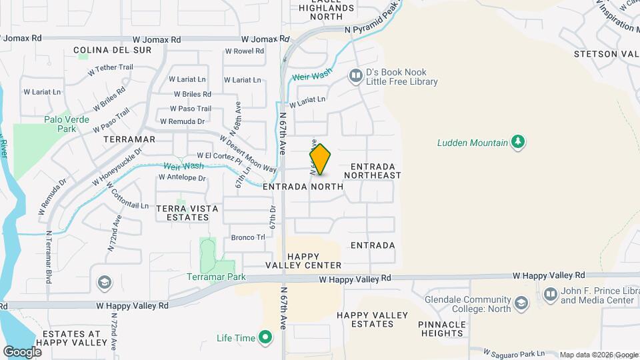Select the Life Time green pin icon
coord(266,338)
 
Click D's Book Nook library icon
coord(355,77)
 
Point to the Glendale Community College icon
coord(521,304)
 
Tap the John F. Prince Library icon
coord(550,294)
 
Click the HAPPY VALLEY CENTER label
coord(315,261)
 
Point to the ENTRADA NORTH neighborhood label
coord(303,187)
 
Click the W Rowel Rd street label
coord(244,51)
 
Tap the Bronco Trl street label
coord(244,237)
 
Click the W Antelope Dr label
coord(182,177)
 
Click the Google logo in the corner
coord(22,352)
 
